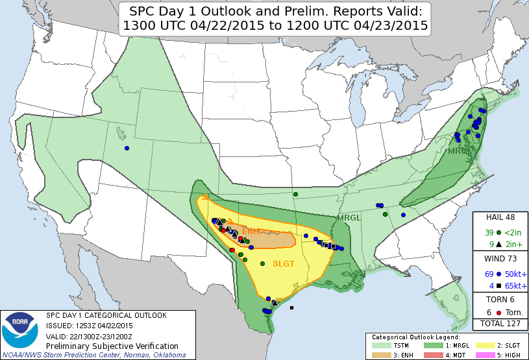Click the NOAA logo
(20, 332)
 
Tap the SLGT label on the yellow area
(284, 264)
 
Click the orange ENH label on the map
(251, 232)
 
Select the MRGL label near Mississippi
(349, 218)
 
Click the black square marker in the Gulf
(292, 307)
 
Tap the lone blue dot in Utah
(127, 148)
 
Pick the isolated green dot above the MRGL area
(295, 194)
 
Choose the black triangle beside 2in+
(498, 244)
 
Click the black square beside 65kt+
(498, 285)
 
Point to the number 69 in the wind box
(489, 274)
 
